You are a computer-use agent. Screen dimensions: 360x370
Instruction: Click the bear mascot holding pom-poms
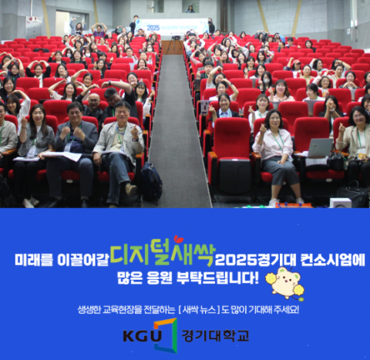tap(282, 282)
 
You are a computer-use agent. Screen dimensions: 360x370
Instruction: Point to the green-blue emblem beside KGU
tap(164, 335)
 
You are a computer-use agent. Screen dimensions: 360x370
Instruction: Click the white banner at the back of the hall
tap(174, 25)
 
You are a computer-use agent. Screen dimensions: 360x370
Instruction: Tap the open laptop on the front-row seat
tap(318, 146)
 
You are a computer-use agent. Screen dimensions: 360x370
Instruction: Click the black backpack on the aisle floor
tap(150, 183)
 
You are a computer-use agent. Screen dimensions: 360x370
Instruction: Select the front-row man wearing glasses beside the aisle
tap(119, 143)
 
